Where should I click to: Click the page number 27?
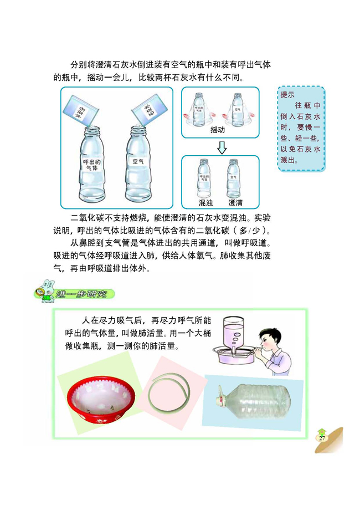322,438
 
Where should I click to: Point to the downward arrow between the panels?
221,147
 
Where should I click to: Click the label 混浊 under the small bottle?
206,202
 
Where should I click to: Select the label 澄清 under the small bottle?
235,202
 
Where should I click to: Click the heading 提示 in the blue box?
288,95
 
